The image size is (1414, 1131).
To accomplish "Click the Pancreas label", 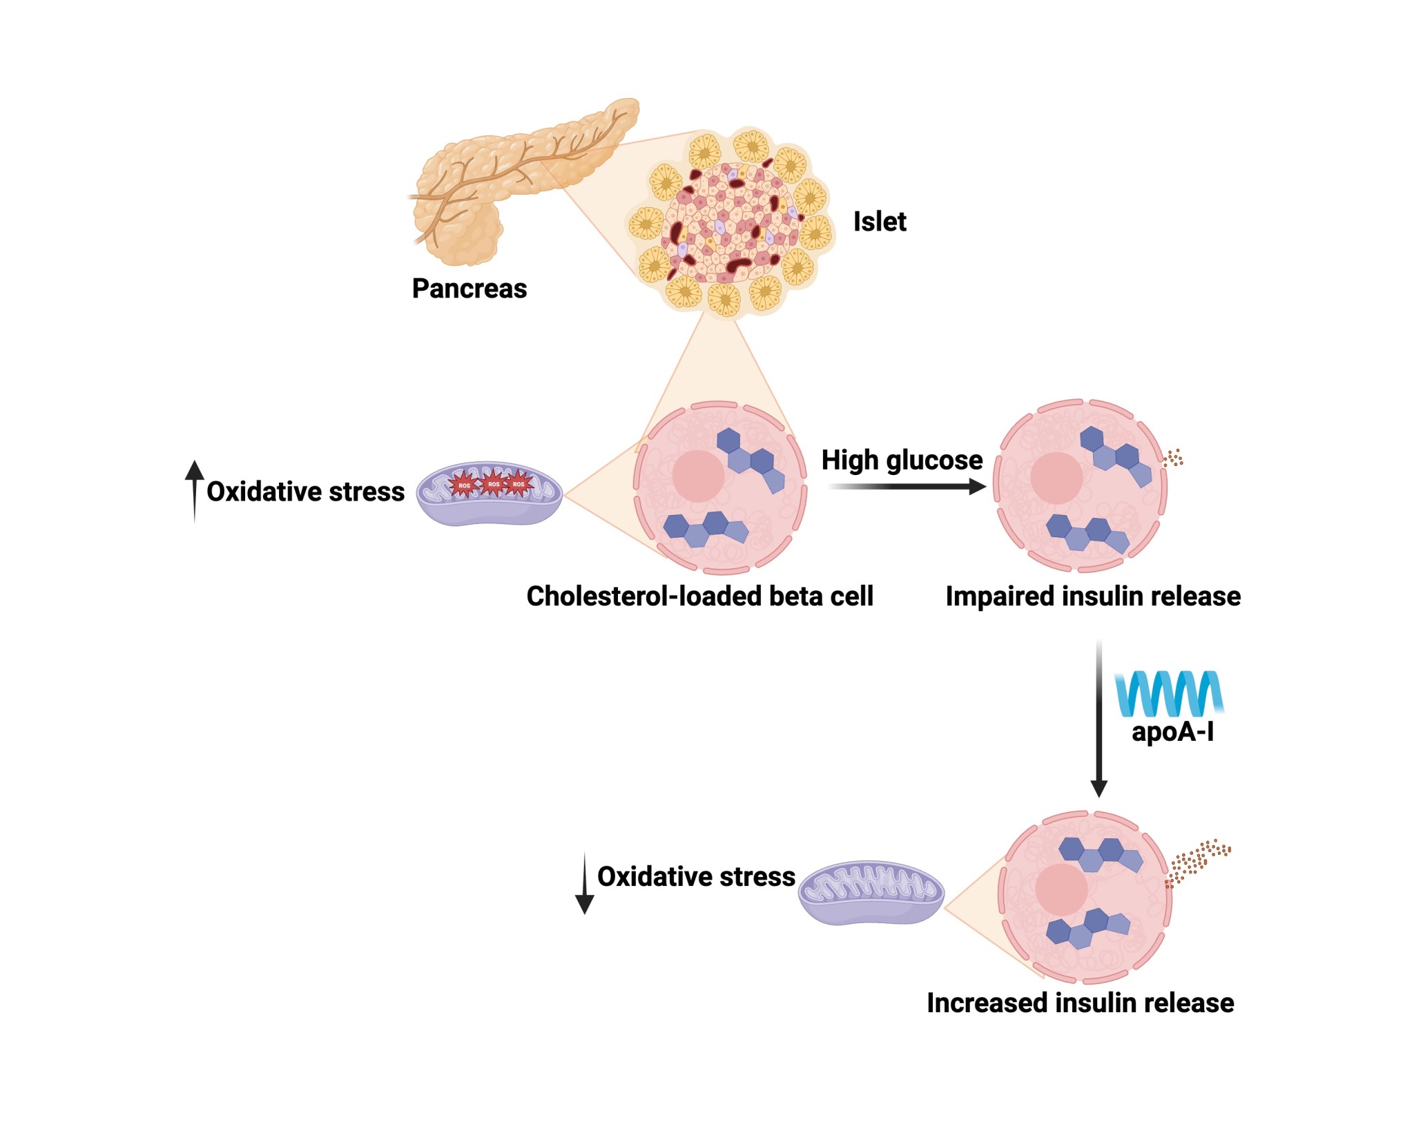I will (x=469, y=289).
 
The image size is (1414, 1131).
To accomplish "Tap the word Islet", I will (x=879, y=222).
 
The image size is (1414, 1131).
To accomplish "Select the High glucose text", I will (x=901, y=460).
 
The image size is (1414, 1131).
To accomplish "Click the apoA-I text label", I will (x=1172, y=731).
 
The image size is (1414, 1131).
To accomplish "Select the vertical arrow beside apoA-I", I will (x=1098, y=718).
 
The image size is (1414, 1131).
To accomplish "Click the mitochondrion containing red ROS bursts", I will (x=490, y=494).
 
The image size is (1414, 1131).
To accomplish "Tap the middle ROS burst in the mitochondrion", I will (x=493, y=484).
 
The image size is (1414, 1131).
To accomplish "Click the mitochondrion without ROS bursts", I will (x=871, y=892).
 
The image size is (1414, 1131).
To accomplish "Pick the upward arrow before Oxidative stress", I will (x=195, y=490).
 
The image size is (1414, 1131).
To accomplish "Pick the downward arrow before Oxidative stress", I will (x=584, y=884).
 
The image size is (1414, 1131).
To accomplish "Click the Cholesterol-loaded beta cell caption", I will (x=699, y=596).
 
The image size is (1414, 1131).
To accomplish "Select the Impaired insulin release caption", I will (x=1092, y=596).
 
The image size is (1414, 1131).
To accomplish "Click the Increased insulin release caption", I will (x=1080, y=1003).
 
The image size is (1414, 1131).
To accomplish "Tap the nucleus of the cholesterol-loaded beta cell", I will (x=697, y=476).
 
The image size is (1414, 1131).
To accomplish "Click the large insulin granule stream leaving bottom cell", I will (x=1198, y=860).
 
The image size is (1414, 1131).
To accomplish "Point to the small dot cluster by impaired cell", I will (x=1173, y=458).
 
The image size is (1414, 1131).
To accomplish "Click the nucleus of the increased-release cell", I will (x=1061, y=889).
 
